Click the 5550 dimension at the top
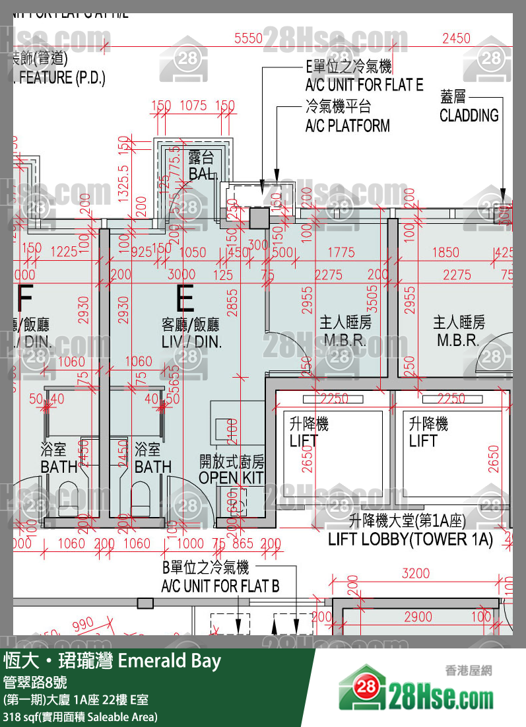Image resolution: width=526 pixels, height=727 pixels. coord(248,38)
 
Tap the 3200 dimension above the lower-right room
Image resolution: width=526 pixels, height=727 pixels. coord(415,573)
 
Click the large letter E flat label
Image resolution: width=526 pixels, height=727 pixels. coord(185,299)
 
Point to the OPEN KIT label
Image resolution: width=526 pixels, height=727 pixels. coord(231,477)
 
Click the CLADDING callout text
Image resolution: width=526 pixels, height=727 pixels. coord(469,116)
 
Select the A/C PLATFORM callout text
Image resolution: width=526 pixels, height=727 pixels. coord(347,125)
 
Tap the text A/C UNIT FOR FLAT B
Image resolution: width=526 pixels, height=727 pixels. coord(220,586)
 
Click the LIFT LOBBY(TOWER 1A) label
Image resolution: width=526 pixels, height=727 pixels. coord(411,539)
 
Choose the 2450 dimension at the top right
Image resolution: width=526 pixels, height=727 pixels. coord(456,38)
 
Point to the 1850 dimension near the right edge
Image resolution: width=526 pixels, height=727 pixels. coord(445,252)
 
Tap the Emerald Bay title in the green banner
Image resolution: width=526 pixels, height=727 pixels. coord(169,661)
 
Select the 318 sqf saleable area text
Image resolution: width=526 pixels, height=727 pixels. coord(79,716)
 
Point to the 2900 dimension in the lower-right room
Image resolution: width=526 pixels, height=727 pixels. coord(418,617)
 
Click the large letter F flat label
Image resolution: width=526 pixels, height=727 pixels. coord(24,299)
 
